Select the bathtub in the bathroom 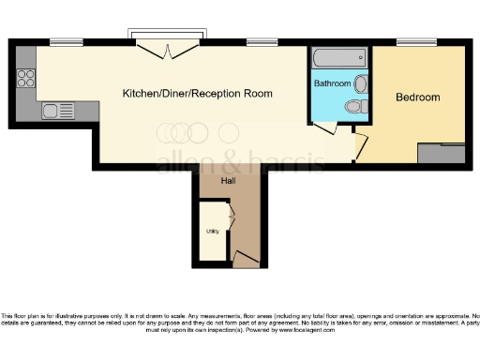pyautogui.click(x=338, y=57)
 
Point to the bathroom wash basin pyautogui.click(x=362, y=84)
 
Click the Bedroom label pyautogui.click(x=418, y=97)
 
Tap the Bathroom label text pyautogui.click(x=332, y=84)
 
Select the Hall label pyautogui.click(x=228, y=181)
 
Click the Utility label pyautogui.click(x=212, y=230)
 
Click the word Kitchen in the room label pyautogui.click(x=141, y=94)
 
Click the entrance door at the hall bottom pyautogui.click(x=246, y=258)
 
